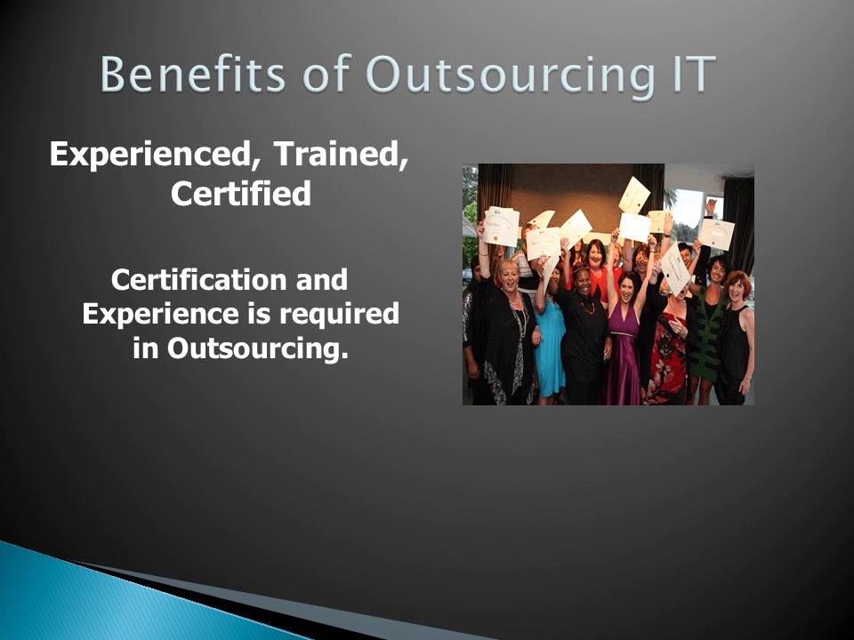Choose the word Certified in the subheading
point(240,194)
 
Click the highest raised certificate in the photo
point(634,195)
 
